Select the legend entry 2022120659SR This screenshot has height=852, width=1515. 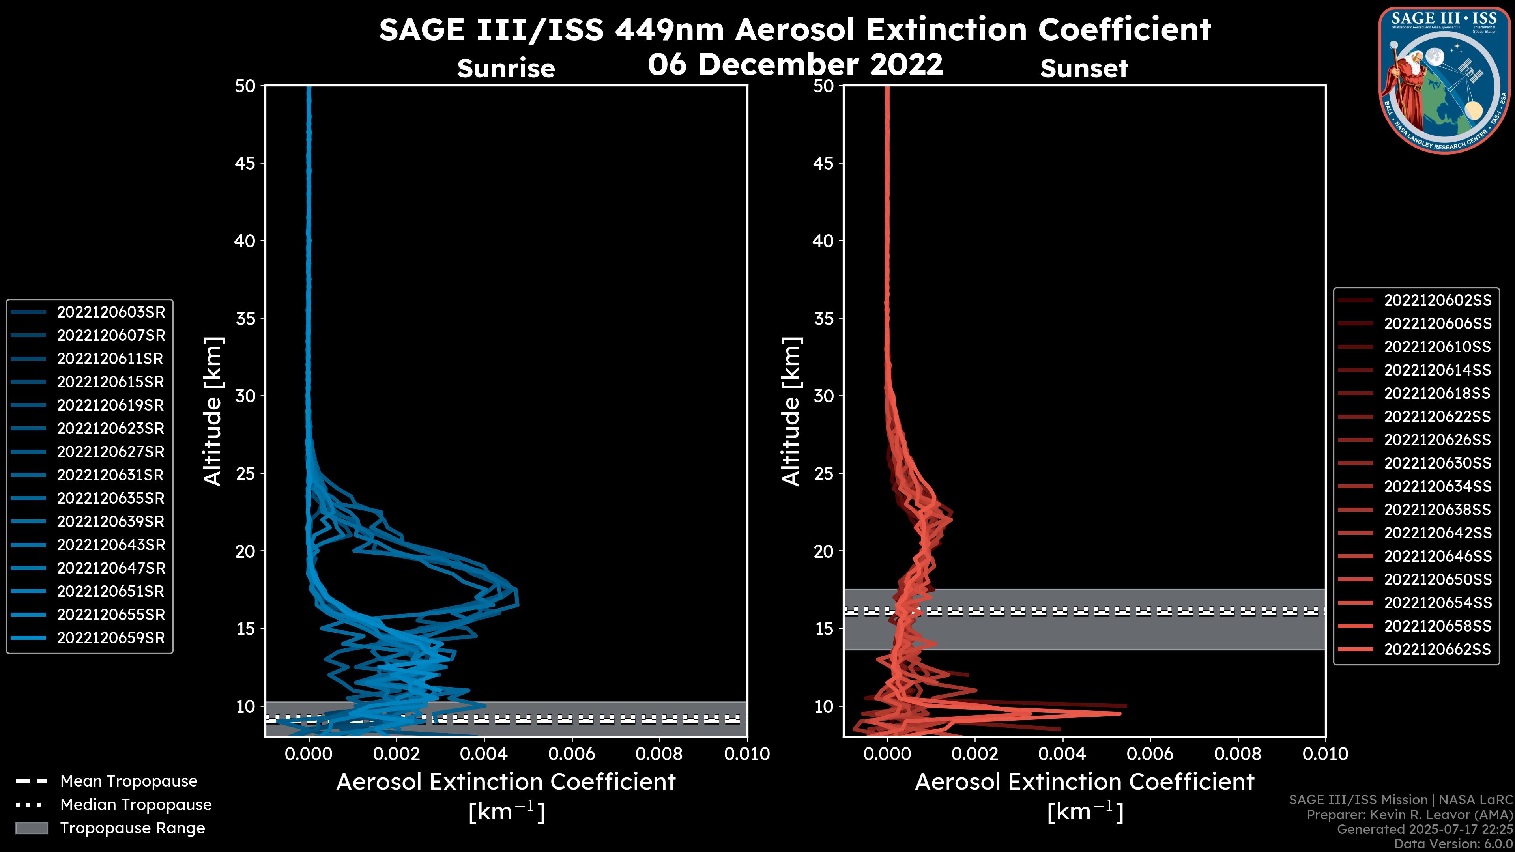110,638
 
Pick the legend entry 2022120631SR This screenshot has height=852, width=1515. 110,475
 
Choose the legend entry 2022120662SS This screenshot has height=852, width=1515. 1437,649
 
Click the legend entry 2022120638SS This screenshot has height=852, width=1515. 1437,510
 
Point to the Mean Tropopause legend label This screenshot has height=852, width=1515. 129,781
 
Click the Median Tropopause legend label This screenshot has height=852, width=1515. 136,804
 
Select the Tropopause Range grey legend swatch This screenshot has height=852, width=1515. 31,828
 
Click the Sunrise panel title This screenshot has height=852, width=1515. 506,69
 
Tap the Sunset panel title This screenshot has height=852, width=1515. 1084,69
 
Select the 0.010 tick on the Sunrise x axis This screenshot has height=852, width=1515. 746,754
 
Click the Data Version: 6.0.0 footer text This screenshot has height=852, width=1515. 1454,844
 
